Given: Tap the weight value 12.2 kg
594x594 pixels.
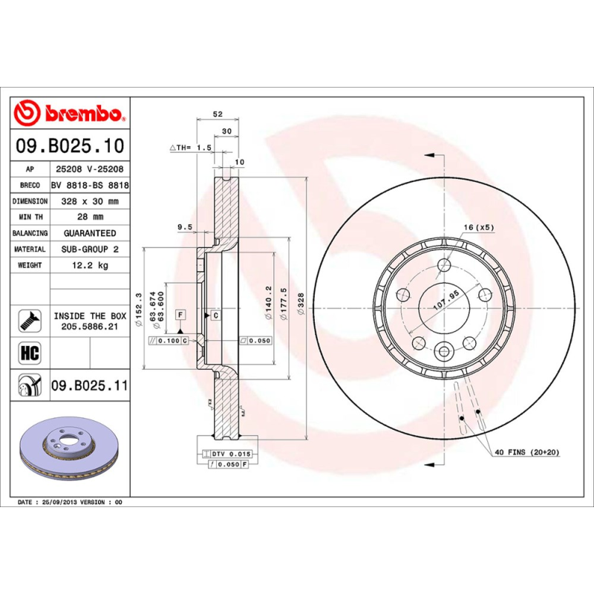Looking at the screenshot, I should (x=90, y=265).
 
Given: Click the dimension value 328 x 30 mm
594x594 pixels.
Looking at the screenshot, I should (x=90, y=201).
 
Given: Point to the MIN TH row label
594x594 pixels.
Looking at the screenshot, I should (x=30, y=217).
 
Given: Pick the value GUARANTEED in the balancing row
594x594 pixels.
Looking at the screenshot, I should (x=90, y=233).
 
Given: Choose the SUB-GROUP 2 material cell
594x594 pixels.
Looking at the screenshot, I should (x=90, y=249).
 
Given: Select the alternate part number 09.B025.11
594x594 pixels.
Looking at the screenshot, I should (x=90, y=386).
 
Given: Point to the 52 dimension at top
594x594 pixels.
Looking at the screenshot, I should (x=218, y=114).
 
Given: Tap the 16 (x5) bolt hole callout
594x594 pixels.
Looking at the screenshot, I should (x=479, y=226).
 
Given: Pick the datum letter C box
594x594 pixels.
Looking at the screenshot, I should (x=215, y=316).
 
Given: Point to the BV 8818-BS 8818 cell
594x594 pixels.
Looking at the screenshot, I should (x=90, y=186).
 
